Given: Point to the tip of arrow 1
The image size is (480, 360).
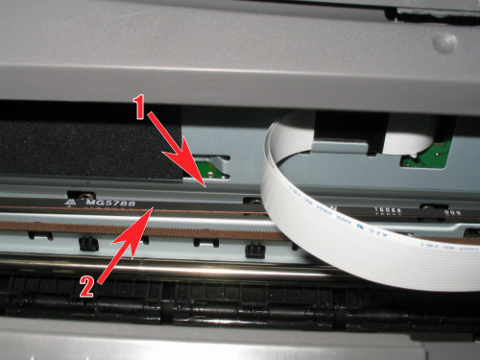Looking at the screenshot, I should pyautogui.click(x=204, y=181).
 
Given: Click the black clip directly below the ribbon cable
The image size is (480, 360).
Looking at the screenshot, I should pyautogui.click(x=254, y=251).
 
